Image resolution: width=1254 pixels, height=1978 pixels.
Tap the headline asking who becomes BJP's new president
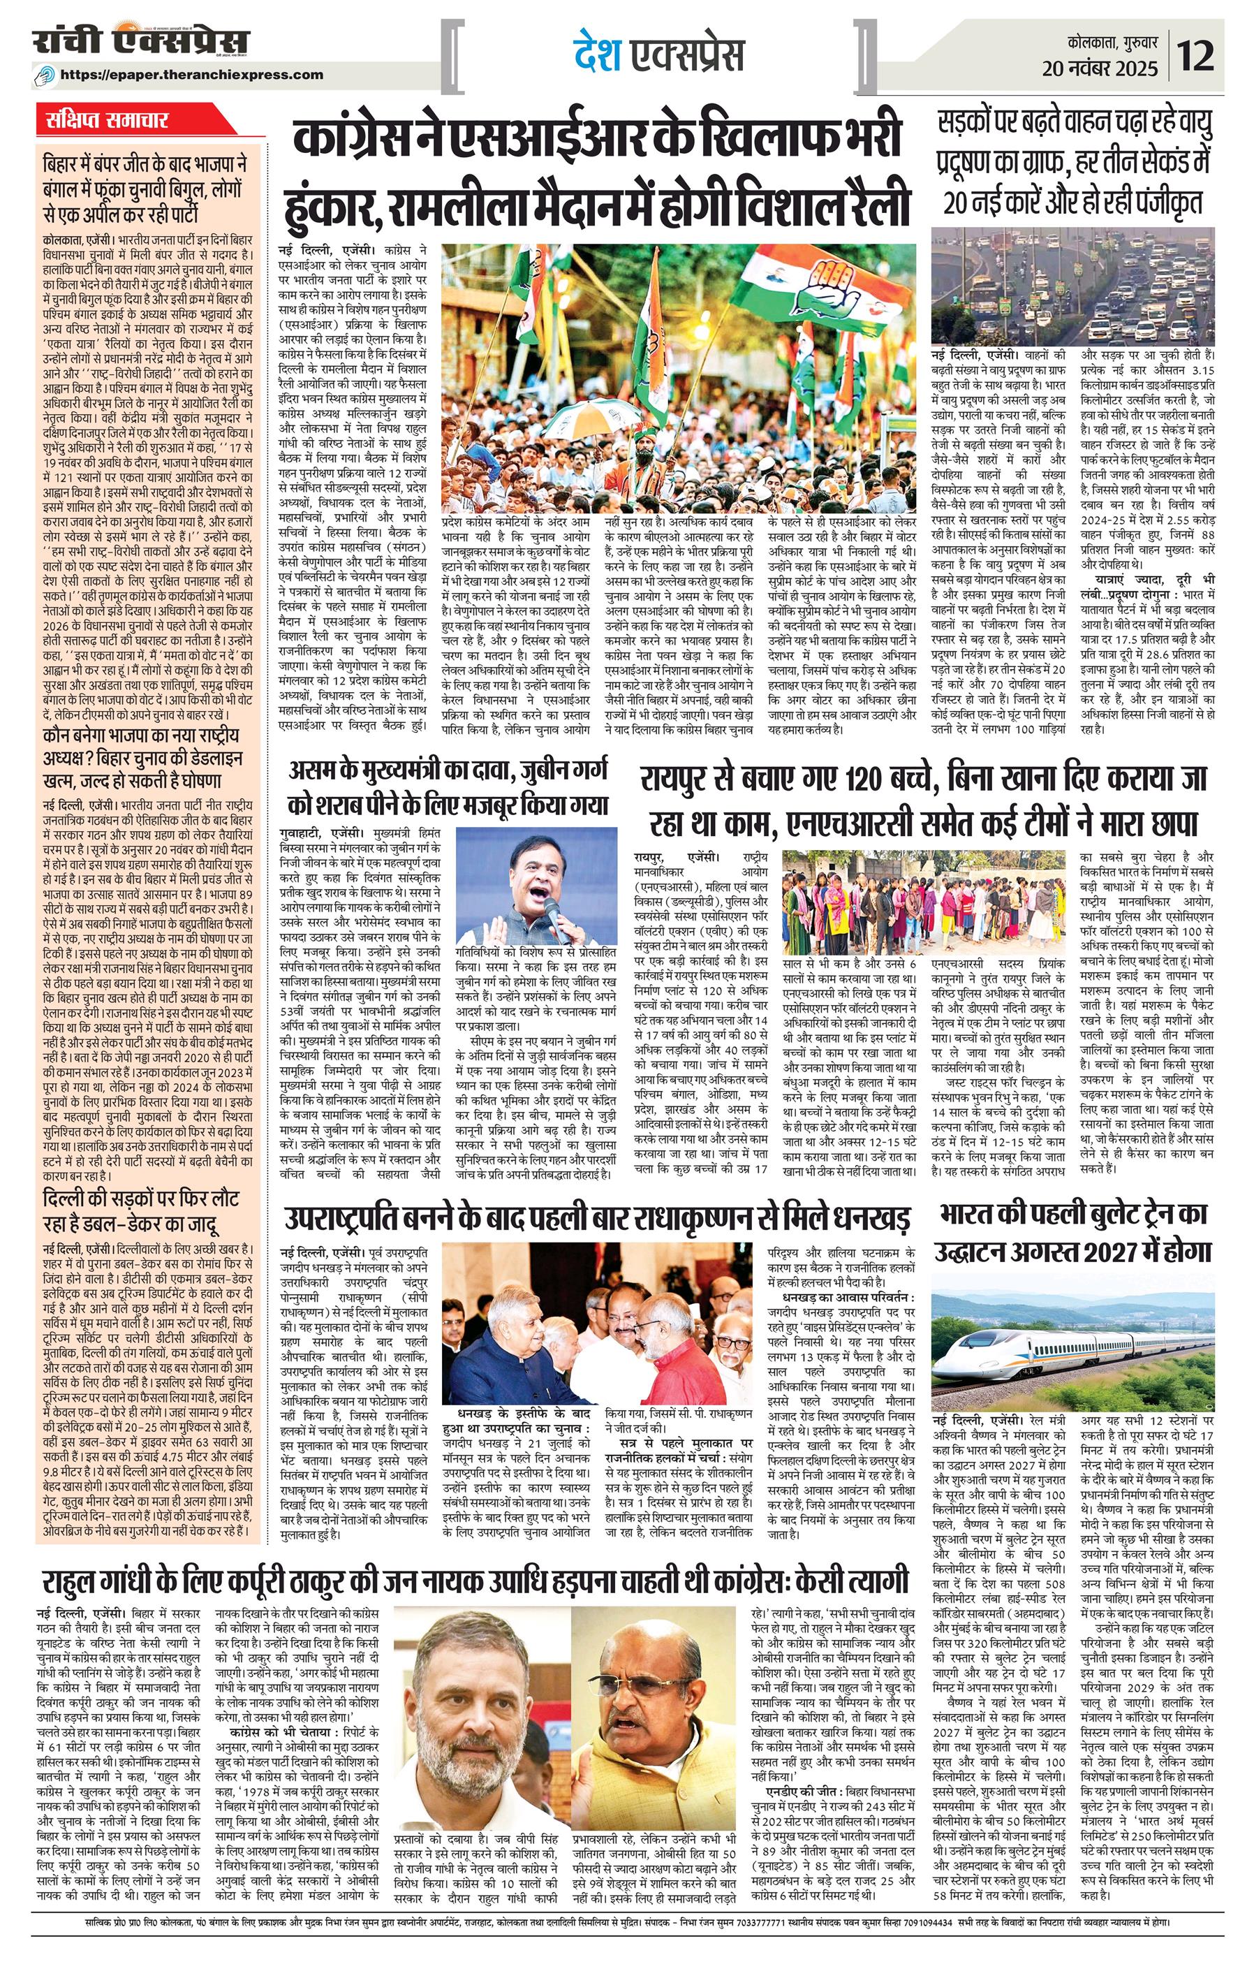[x=142, y=760]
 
